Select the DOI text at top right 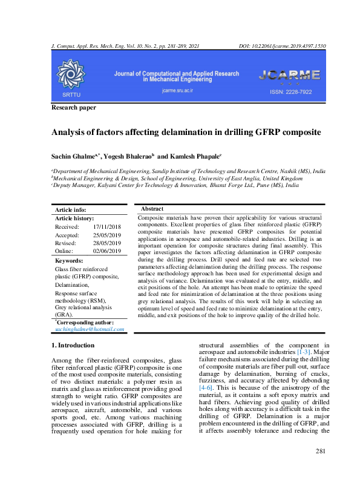283,46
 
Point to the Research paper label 73,107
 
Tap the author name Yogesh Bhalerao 128,155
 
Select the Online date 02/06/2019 107,251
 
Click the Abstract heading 152,209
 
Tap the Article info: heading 70,209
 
